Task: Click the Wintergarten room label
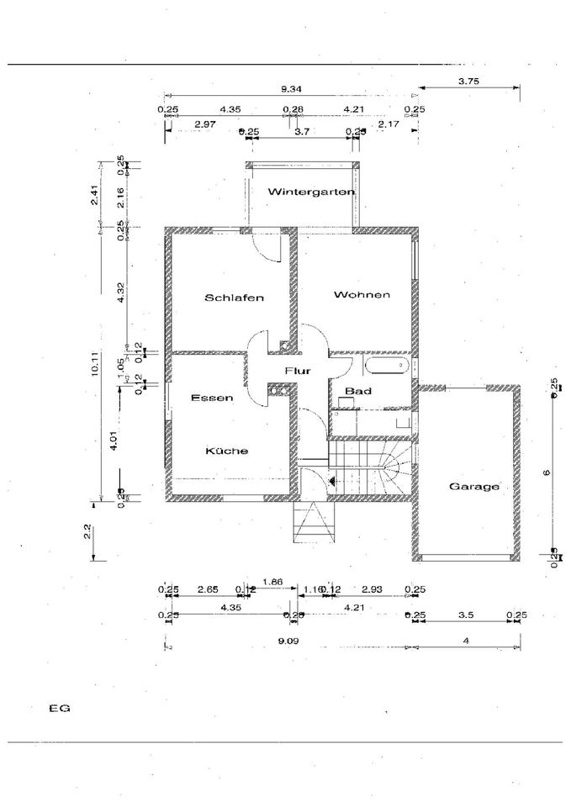(310, 192)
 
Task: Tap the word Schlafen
(235, 298)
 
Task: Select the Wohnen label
(362, 294)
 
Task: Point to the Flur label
(298, 371)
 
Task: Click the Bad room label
(358, 391)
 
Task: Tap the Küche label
(227, 451)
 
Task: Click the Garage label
(474, 486)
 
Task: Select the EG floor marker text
(59, 708)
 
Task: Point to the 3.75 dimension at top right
(469, 82)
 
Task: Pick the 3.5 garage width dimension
(466, 615)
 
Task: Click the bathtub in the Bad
(387, 366)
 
